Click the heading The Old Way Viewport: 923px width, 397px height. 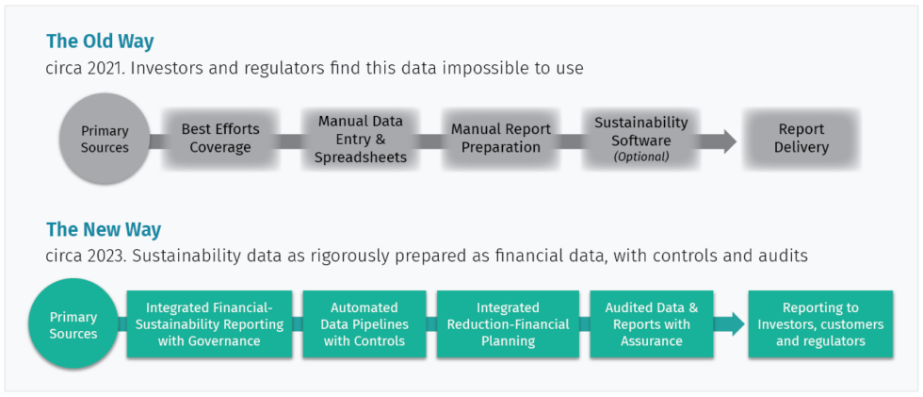coord(100,41)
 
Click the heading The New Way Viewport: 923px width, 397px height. coord(104,229)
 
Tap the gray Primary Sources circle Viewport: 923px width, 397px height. coord(105,140)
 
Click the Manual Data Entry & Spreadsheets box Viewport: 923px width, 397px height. coord(360,140)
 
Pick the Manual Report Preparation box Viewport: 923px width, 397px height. coord(500,139)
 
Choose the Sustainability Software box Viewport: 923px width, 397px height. coord(640,139)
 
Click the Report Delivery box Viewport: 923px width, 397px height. coord(801,139)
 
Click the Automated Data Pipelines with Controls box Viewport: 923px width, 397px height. coord(364,323)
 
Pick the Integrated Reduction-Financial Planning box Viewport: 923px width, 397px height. coord(508,323)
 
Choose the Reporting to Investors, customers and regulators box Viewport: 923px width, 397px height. coord(819,323)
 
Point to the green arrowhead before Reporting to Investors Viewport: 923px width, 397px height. coord(730,324)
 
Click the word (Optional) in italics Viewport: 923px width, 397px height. coord(640,157)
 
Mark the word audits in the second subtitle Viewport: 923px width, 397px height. coord(784,256)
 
